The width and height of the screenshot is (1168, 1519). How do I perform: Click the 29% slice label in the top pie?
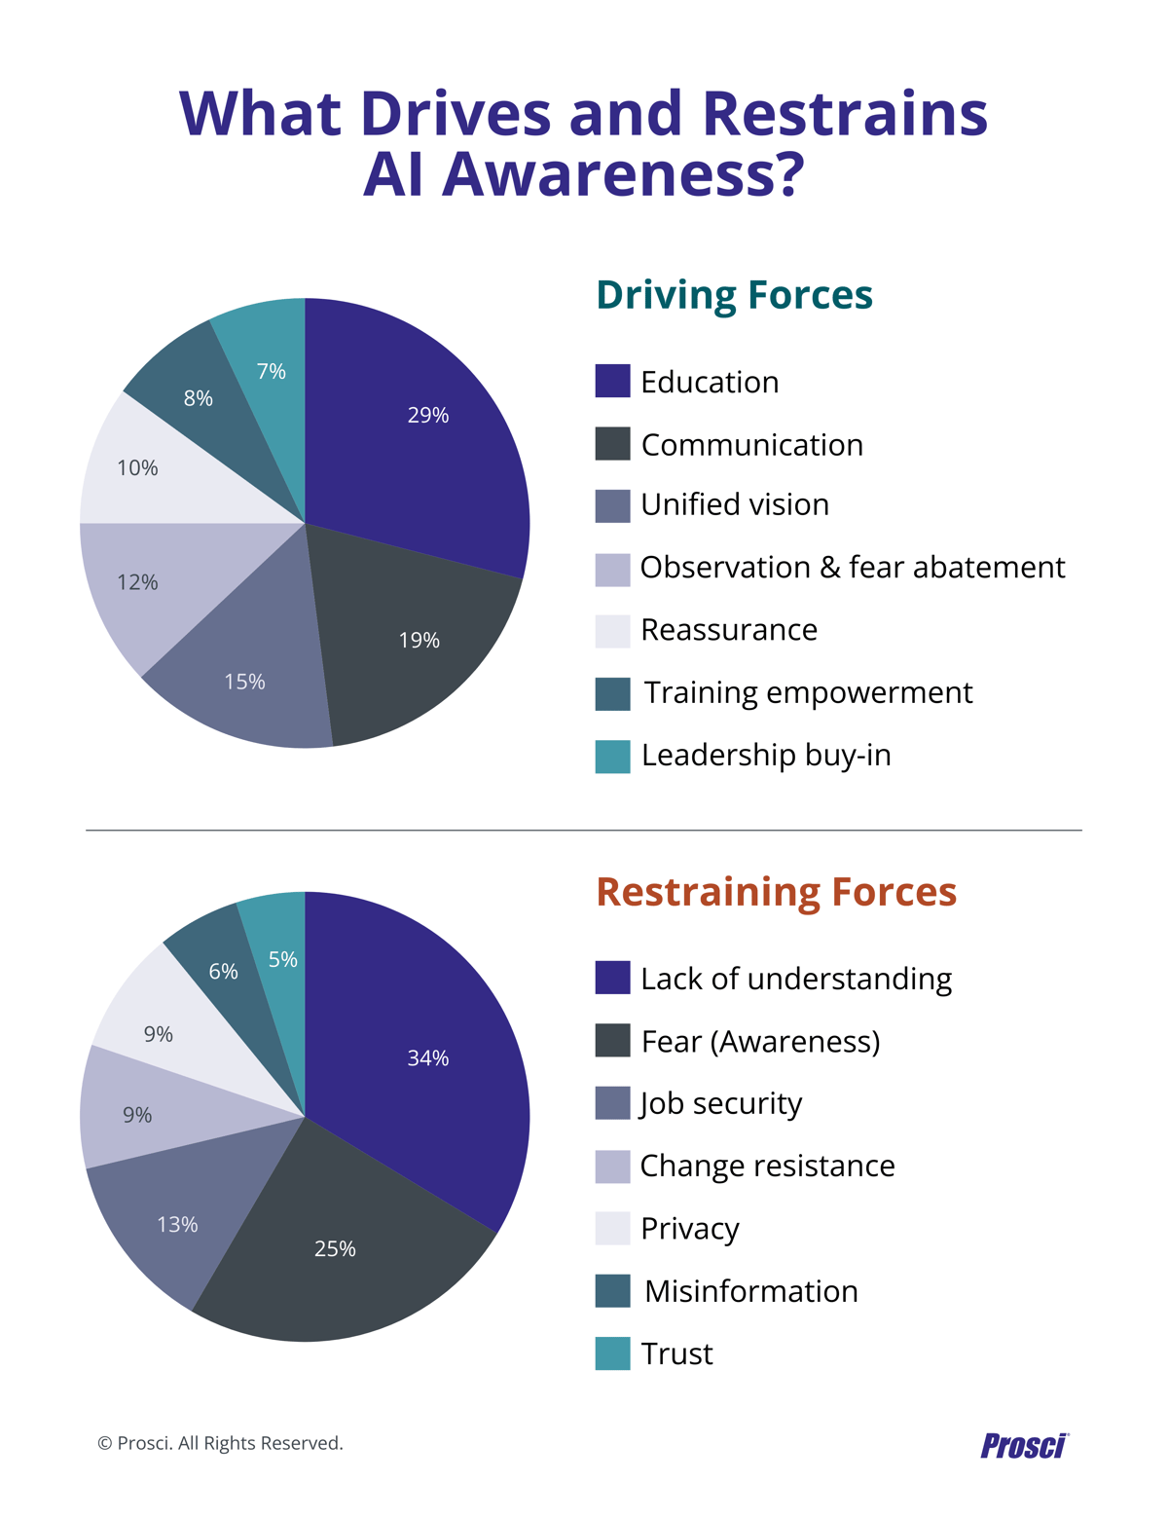pyautogui.click(x=428, y=416)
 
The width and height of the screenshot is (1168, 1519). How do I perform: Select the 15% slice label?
pyautogui.click(x=244, y=682)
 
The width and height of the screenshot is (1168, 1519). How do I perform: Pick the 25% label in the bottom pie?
pyautogui.click(x=335, y=1249)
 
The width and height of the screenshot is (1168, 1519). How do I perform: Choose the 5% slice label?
pyautogui.click(x=283, y=960)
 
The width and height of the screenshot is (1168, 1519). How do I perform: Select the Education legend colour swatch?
pyautogui.click(x=612, y=382)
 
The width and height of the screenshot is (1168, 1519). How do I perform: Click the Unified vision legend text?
pyautogui.click(x=735, y=504)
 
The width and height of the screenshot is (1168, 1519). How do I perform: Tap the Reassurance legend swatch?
pyautogui.click(x=612, y=631)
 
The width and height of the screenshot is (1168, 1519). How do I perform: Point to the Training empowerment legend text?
pyautogui.click(x=808, y=692)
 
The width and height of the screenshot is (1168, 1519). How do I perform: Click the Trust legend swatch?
pyautogui.click(x=612, y=1353)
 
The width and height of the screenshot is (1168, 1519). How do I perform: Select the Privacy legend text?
pyautogui.click(x=690, y=1229)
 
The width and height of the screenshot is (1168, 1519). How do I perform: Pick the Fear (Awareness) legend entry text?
pyautogui.click(x=760, y=1042)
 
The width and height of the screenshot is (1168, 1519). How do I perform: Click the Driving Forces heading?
pyautogui.click(x=734, y=295)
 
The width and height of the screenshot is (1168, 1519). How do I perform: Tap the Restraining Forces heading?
pyautogui.click(x=776, y=892)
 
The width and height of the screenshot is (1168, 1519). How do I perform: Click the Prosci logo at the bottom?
pyautogui.click(x=1024, y=1445)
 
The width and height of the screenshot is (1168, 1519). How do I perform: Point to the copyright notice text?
pyautogui.click(x=221, y=1443)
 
